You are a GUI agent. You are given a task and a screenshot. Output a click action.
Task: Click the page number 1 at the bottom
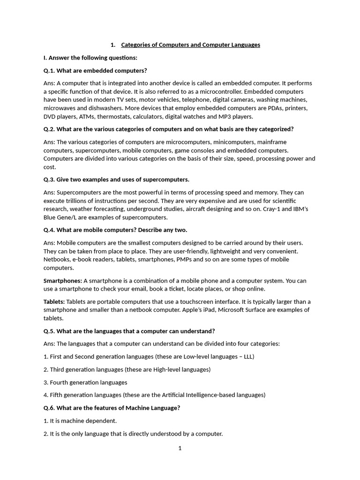pyautogui.click(x=180, y=449)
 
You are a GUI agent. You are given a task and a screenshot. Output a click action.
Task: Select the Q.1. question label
pyautogui.click(x=49, y=71)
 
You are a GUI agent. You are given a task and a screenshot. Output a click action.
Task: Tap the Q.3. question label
pyautogui.click(x=49, y=180)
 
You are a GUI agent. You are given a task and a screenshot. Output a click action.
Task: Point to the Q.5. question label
pyautogui.click(x=49, y=331)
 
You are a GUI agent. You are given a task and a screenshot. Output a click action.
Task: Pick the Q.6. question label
pyautogui.click(x=49, y=408)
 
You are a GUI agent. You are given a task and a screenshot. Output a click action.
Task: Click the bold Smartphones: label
pyautogui.click(x=63, y=281)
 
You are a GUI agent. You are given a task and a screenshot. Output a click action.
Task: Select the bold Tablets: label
pyautogui.click(x=54, y=301)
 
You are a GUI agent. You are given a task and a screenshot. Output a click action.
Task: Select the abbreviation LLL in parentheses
pyautogui.click(x=247, y=357)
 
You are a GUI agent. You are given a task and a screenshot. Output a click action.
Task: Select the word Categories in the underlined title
pyautogui.click(x=139, y=45)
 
